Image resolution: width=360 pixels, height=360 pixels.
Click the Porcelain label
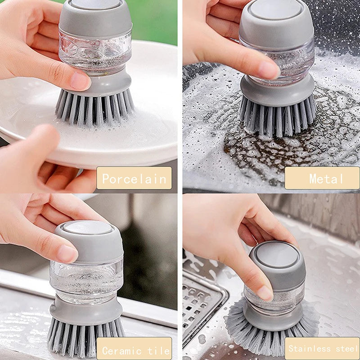(134, 178)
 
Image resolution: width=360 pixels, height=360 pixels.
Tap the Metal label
(322, 178)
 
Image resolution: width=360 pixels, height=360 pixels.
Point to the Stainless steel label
(322, 349)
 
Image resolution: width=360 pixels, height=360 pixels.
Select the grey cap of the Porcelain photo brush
(95, 18)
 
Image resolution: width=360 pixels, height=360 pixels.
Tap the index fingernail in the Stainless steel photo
(265, 293)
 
